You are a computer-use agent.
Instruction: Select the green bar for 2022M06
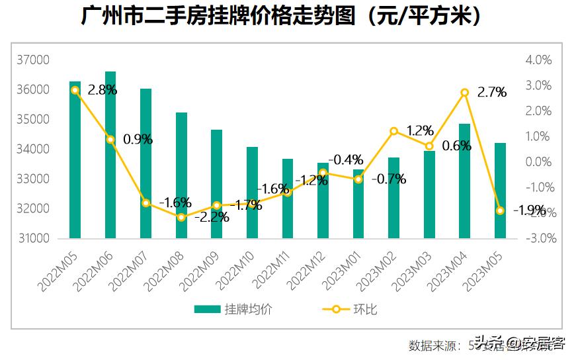110,155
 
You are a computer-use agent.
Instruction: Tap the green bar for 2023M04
464,181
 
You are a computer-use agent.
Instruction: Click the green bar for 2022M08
181,175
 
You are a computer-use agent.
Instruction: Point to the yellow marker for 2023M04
464,93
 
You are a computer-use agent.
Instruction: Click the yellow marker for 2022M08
181,217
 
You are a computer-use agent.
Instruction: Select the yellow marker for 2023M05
500,210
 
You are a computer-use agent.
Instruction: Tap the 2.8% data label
102,90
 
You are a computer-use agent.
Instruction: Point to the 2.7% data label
491,93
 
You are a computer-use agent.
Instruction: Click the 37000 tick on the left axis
33,60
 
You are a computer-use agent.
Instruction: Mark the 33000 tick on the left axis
33,179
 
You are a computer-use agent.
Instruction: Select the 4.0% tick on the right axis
538,60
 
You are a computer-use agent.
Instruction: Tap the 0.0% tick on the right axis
538,162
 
